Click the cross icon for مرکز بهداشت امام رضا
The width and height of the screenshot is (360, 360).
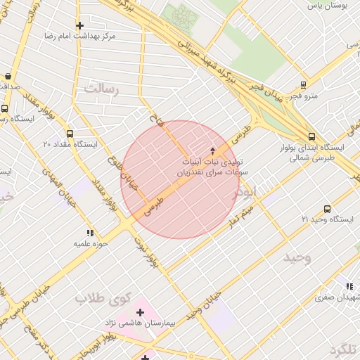[79, 25]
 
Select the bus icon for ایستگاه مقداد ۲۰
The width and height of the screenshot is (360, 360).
[69, 134]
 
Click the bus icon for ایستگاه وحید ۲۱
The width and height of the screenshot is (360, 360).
[327, 209]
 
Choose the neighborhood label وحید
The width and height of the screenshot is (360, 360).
[297, 257]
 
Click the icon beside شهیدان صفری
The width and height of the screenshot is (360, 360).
[349, 285]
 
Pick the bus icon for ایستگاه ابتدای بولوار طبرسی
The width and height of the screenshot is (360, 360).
[311, 137]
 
